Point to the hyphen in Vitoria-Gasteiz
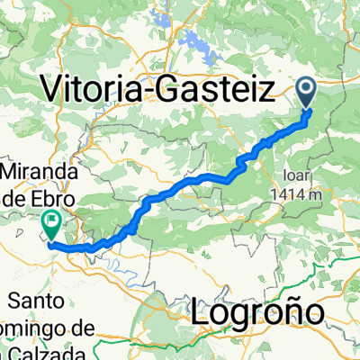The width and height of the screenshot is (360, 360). (168, 91)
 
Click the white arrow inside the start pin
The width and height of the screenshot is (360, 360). (307, 87)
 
